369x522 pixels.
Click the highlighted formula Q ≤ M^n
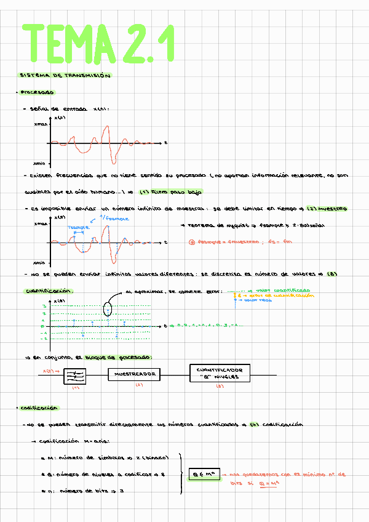pos(204,474)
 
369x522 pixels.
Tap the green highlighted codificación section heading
pos(38,408)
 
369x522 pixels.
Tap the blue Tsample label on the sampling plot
pos(78,227)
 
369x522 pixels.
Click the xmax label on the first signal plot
pos(40,124)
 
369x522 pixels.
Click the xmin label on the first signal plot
pos(40,163)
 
